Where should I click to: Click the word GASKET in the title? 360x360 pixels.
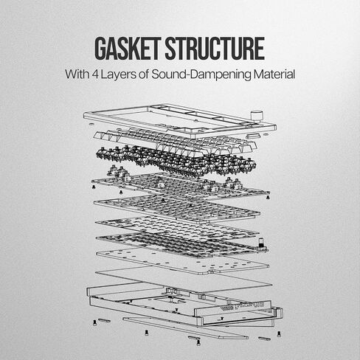point(128,49)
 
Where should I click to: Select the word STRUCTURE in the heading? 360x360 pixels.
point(215,49)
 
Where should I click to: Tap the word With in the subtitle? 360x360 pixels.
point(77,74)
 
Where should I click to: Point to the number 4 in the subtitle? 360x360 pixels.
point(96,75)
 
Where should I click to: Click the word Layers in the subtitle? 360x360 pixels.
point(118,75)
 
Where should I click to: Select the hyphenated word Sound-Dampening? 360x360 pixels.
point(201,75)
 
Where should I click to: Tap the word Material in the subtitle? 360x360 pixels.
point(274,75)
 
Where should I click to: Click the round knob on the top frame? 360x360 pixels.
point(257,116)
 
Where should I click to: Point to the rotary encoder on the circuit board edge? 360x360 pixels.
point(261,245)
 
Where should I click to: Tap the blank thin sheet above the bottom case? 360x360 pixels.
point(183,278)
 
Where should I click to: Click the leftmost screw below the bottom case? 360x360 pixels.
point(94,323)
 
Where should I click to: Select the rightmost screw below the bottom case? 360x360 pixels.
point(279,333)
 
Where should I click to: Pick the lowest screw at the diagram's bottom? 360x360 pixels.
point(198,342)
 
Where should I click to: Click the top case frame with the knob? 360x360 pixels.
point(179,120)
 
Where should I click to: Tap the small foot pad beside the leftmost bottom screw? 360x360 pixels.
point(104,321)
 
